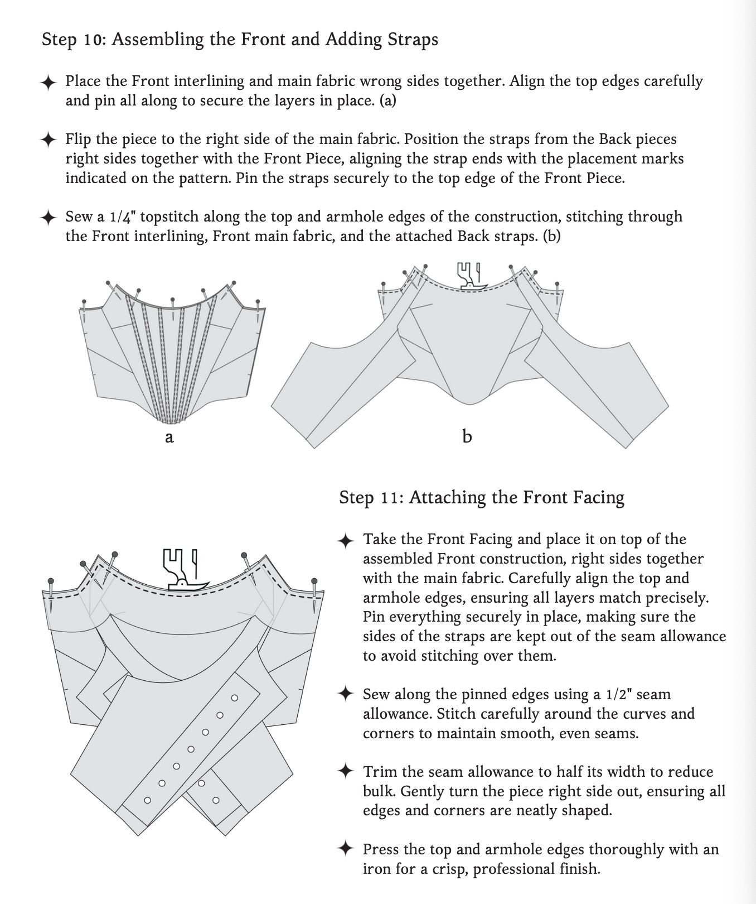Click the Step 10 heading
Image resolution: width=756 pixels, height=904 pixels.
[240, 40]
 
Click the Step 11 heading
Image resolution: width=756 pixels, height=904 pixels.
[481, 497]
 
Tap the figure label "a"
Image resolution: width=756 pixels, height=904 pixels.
[169, 437]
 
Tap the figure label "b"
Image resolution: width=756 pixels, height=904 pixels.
[467, 436]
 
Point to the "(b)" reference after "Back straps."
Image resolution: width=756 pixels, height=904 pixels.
[551, 236]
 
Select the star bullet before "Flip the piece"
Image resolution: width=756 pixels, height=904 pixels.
[49, 140]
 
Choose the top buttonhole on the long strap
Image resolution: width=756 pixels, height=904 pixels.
[234, 698]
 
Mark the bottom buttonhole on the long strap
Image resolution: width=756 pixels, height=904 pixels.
[147, 800]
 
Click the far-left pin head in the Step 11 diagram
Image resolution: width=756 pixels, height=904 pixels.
[51, 581]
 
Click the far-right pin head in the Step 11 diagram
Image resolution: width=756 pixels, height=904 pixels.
[314, 581]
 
